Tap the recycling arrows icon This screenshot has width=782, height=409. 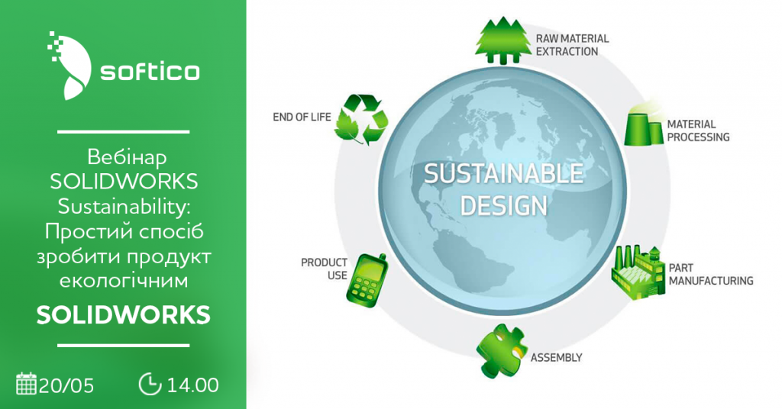361,120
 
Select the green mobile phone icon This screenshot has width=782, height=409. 367,280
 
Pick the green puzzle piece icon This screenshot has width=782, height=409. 501,350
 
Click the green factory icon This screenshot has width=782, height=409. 638,272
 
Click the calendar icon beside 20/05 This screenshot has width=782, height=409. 27,384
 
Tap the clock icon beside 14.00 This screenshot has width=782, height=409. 150,384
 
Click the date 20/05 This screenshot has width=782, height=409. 66,385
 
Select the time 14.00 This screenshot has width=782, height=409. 193,385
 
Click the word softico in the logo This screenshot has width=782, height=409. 150,71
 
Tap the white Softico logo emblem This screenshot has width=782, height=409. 69,65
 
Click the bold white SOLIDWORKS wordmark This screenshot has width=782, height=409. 124,315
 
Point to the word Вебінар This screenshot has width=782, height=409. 127,157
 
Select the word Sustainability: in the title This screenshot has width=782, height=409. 124,207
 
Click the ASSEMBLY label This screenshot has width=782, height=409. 556,358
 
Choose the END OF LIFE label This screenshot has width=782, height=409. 302,117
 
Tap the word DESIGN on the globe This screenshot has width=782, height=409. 503,205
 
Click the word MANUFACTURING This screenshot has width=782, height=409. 711,281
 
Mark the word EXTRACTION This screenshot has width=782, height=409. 567,51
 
